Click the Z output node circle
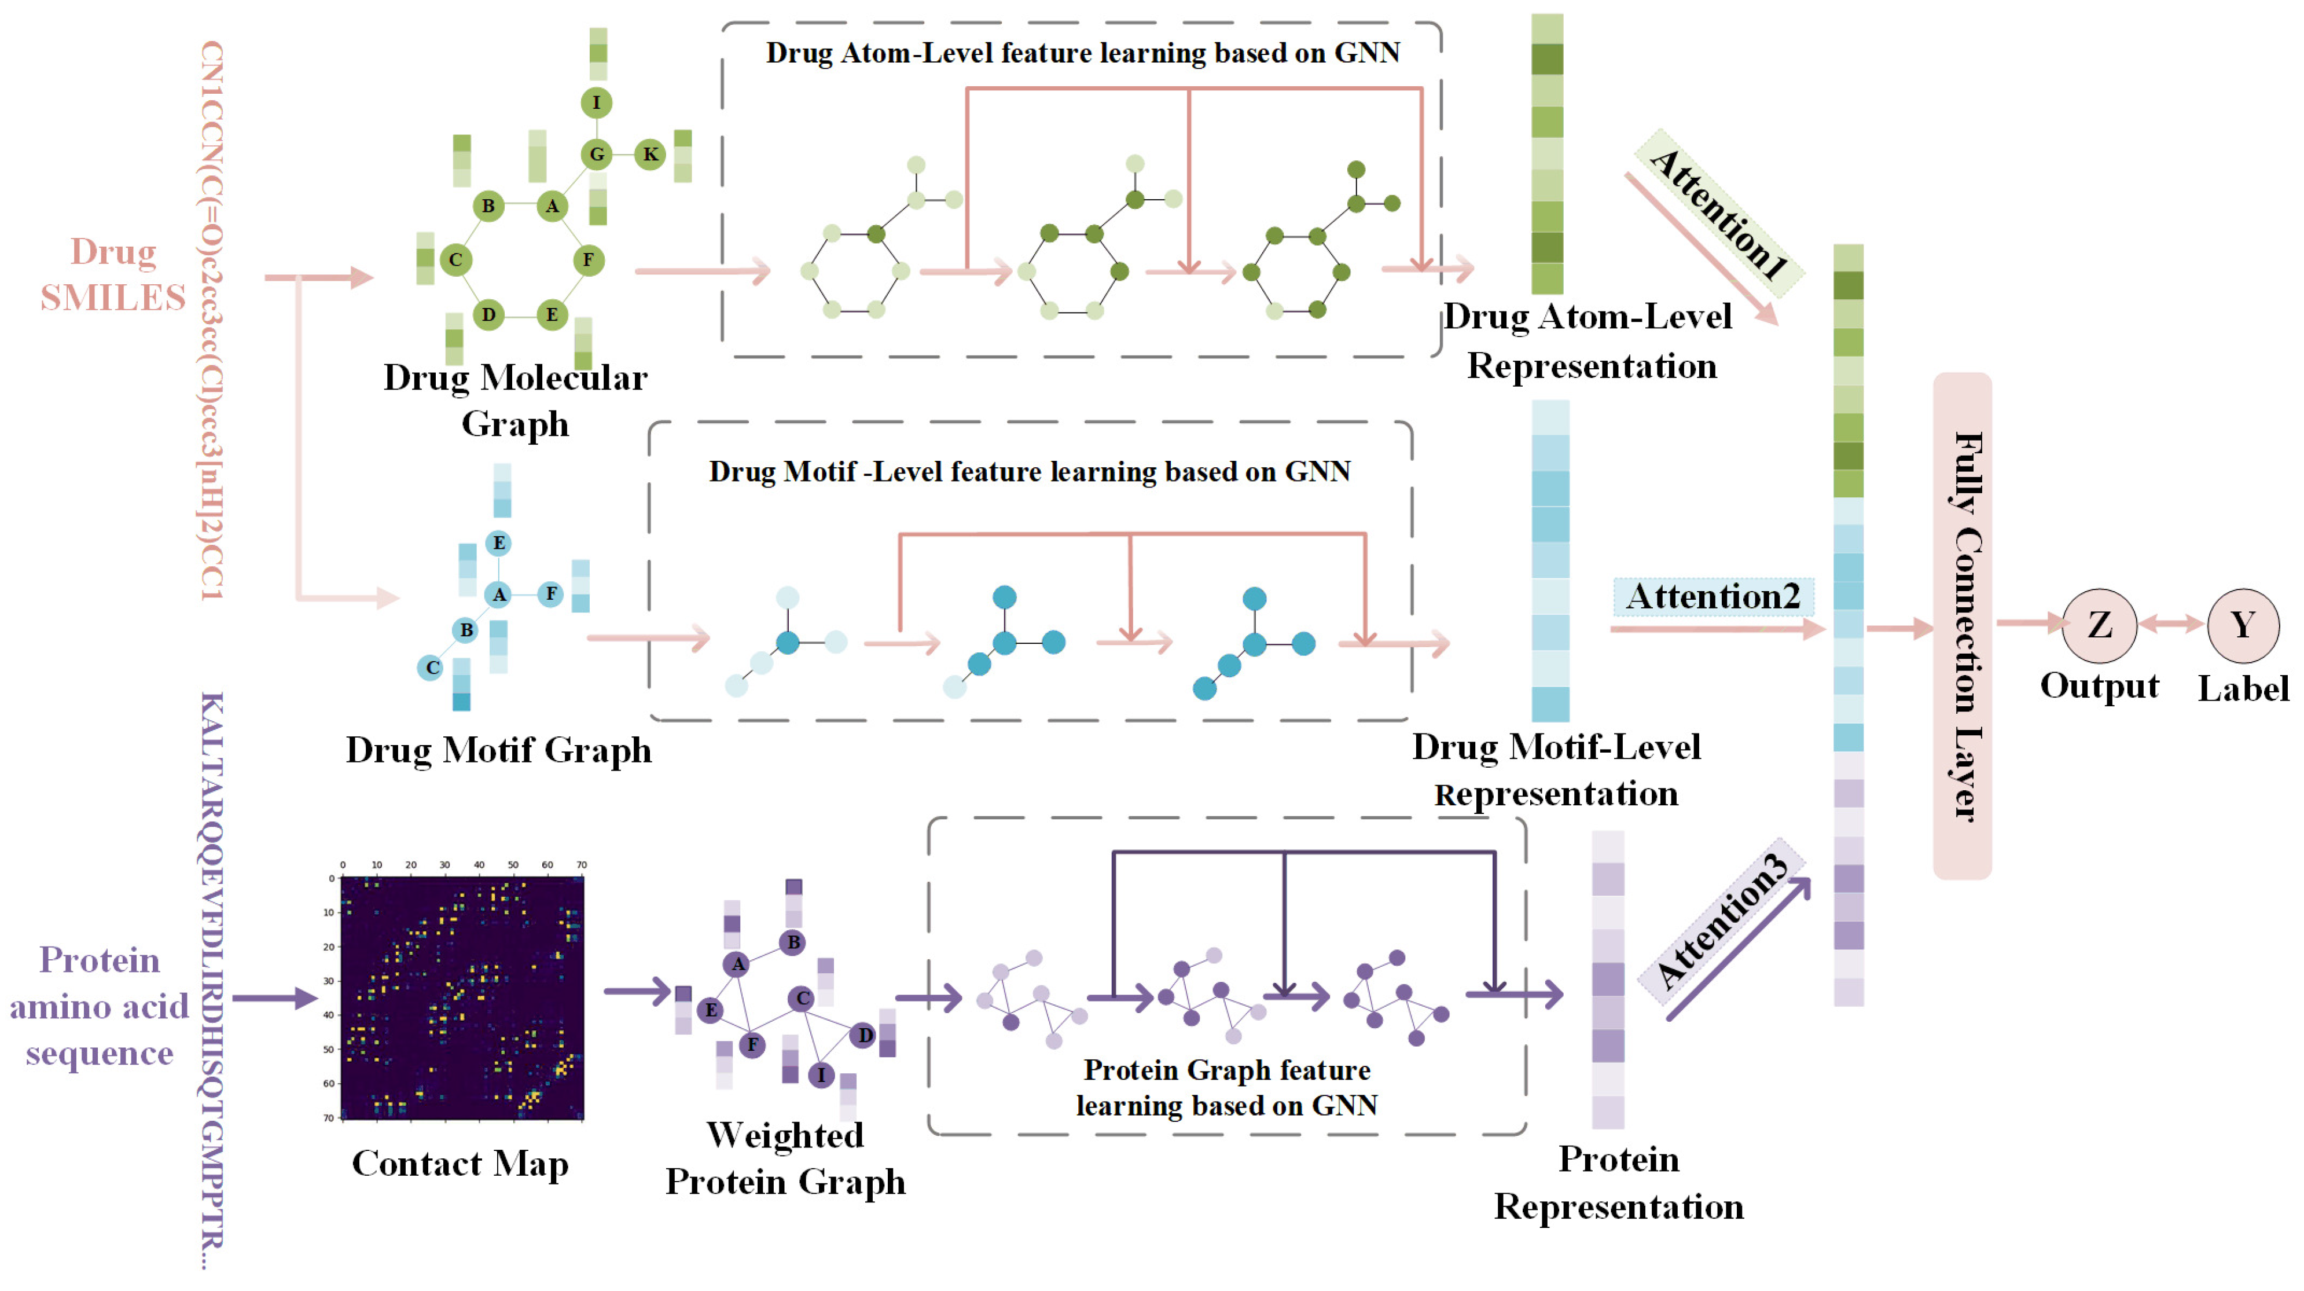tap(2099, 625)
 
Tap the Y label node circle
tap(2242, 625)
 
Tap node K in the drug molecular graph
tap(651, 154)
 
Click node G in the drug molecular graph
tap(597, 154)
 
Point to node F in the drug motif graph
tap(551, 593)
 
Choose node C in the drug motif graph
tap(431, 667)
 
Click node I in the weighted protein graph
tap(821, 1074)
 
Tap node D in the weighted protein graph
tap(864, 1035)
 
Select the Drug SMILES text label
tap(113, 274)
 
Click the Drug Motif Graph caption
tap(498, 750)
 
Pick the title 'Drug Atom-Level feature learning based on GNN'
tap(1082, 53)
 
